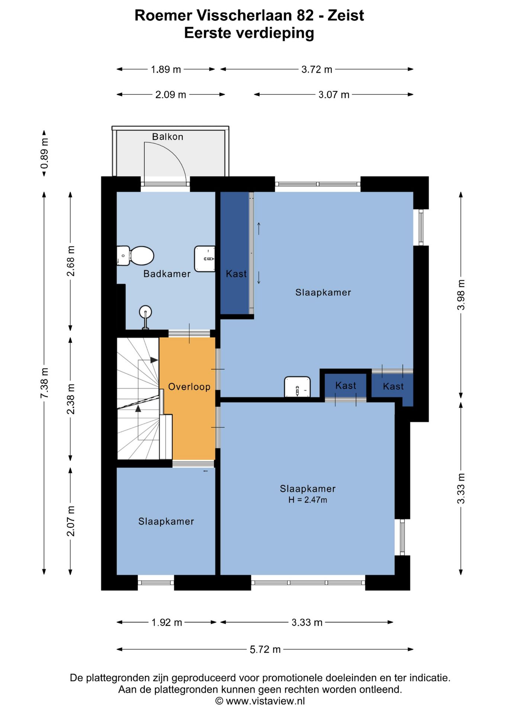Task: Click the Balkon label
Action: coord(167,137)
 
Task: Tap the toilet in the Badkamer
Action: coord(135,256)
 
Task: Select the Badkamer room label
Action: coord(167,274)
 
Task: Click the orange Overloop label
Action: coord(189,387)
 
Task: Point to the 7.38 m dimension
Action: coord(44,383)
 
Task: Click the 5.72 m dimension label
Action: coord(265,650)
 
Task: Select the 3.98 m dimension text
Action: coord(461,295)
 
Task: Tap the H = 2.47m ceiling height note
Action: coord(308,500)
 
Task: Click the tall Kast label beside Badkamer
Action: coord(236,274)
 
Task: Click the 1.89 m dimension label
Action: coord(166,70)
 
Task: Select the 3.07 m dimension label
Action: coord(334,95)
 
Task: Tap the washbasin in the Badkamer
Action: coord(205,259)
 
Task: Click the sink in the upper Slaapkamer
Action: coord(297,387)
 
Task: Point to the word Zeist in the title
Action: coord(345,16)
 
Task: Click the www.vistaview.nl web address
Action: coord(265,701)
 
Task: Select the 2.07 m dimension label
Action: coord(71,521)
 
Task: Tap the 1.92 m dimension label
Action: coord(167,623)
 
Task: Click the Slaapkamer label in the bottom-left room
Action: coord(166,521)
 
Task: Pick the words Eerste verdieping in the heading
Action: coord(249,33)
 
